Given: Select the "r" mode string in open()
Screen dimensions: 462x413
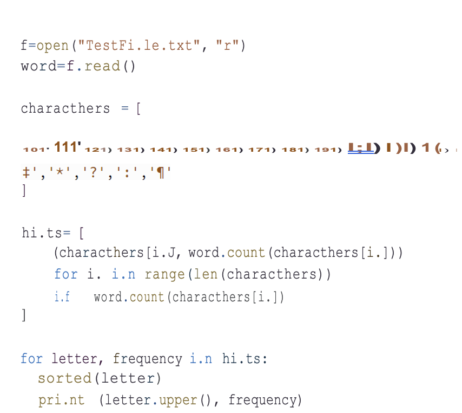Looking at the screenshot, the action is (x=227, y=46).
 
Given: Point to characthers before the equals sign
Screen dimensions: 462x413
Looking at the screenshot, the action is (x=65, y=108).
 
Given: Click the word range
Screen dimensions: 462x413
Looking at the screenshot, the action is (x=163, y=274).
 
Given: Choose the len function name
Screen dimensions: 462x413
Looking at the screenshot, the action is (x=207, y=274).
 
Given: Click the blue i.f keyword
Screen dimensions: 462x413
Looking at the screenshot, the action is (x=62, y=297).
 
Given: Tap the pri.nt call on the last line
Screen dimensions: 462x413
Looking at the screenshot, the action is (x=61, y=401).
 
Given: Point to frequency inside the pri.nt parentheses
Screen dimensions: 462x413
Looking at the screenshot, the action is (x=262, y=401).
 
